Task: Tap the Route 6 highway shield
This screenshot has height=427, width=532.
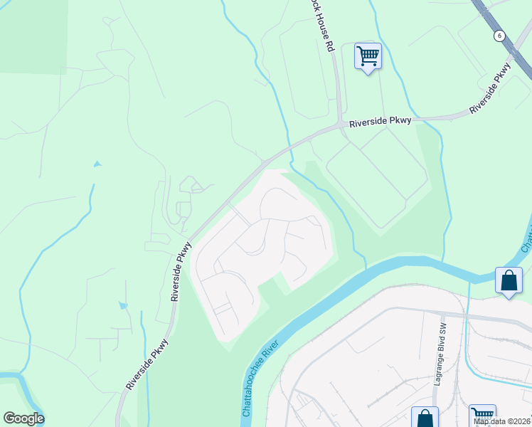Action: tap(500, 35)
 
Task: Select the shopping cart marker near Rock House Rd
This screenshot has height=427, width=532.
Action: tap(368, 56)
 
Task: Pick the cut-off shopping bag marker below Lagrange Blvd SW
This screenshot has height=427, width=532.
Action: tap(425, 417)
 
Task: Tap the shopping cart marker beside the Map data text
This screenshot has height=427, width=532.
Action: tap(482, 414)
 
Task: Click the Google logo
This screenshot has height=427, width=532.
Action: tap(23, 418)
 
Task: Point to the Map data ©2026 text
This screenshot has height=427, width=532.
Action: tap(502, 421)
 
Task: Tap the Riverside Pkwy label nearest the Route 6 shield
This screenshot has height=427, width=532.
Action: tap(491, 89)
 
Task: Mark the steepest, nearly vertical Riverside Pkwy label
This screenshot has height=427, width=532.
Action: tap(180, 271)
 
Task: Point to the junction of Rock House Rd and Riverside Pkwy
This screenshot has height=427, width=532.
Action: tap(340, 126)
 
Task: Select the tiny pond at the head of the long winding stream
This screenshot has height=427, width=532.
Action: tap(97, 164)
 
